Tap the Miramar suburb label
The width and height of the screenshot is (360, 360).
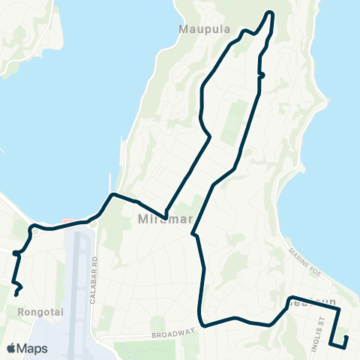coord(157,220)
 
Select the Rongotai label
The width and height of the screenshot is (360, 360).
coord(31,310)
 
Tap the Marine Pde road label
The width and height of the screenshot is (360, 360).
coord(305,260)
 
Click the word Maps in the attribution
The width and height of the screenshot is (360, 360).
coord(32,348)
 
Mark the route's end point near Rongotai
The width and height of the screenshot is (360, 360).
coord(16,295)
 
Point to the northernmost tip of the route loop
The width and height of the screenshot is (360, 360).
coord(268,13)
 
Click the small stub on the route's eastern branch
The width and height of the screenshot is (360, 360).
coord(262,75)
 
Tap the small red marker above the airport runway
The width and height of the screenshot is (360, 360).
coord(68,221)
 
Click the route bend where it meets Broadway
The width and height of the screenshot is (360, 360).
coord(202,326)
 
